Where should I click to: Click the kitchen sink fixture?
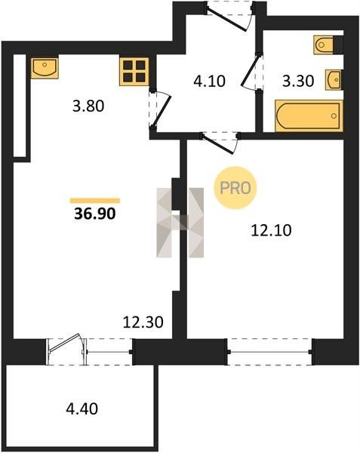45,68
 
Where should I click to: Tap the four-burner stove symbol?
134,72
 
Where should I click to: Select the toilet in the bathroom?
325,45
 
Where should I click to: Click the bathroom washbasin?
334,79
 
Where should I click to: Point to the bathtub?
309,116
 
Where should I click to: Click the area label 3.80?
88,106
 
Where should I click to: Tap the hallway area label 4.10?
209,82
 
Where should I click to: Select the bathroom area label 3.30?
298,82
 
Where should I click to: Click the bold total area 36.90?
95,214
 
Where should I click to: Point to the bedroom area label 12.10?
272,230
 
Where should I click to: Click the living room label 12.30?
143,322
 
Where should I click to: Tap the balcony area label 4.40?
82,408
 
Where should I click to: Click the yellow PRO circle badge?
235,188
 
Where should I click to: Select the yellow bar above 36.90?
95,201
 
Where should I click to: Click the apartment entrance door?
228,16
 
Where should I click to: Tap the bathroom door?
252,72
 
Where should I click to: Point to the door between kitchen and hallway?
161,109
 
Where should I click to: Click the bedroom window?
270,352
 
